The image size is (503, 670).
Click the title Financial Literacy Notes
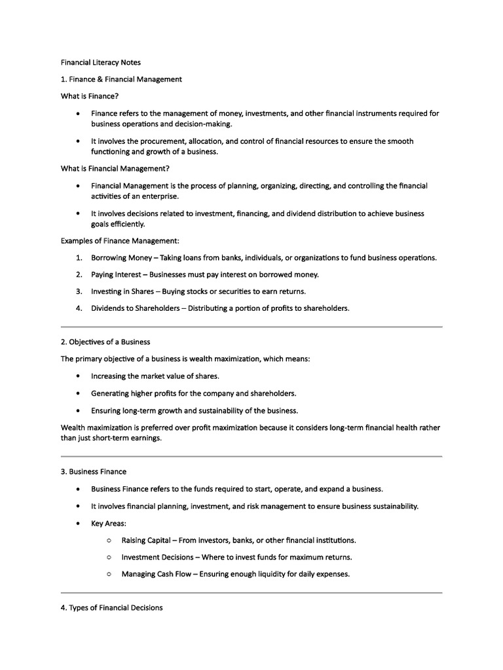[101, 62]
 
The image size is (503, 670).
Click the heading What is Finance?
[90, 96]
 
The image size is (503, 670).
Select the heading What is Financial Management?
[115, 168]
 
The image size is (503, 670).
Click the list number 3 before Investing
[78, 291]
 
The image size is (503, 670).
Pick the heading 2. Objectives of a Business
[105, 342]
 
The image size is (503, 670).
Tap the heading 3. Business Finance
[94, 471]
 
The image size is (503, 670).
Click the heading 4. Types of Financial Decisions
[112, 608]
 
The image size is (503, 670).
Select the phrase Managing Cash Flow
[157, 574]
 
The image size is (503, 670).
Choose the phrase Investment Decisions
[156, 557]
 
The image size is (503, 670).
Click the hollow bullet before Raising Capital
[108, 540]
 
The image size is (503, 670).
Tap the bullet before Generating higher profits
[78, 393]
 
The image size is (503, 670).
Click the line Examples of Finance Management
[115, 241]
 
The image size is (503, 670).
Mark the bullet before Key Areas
[78, 523]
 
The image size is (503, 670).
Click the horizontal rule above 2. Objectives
[251, 326]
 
